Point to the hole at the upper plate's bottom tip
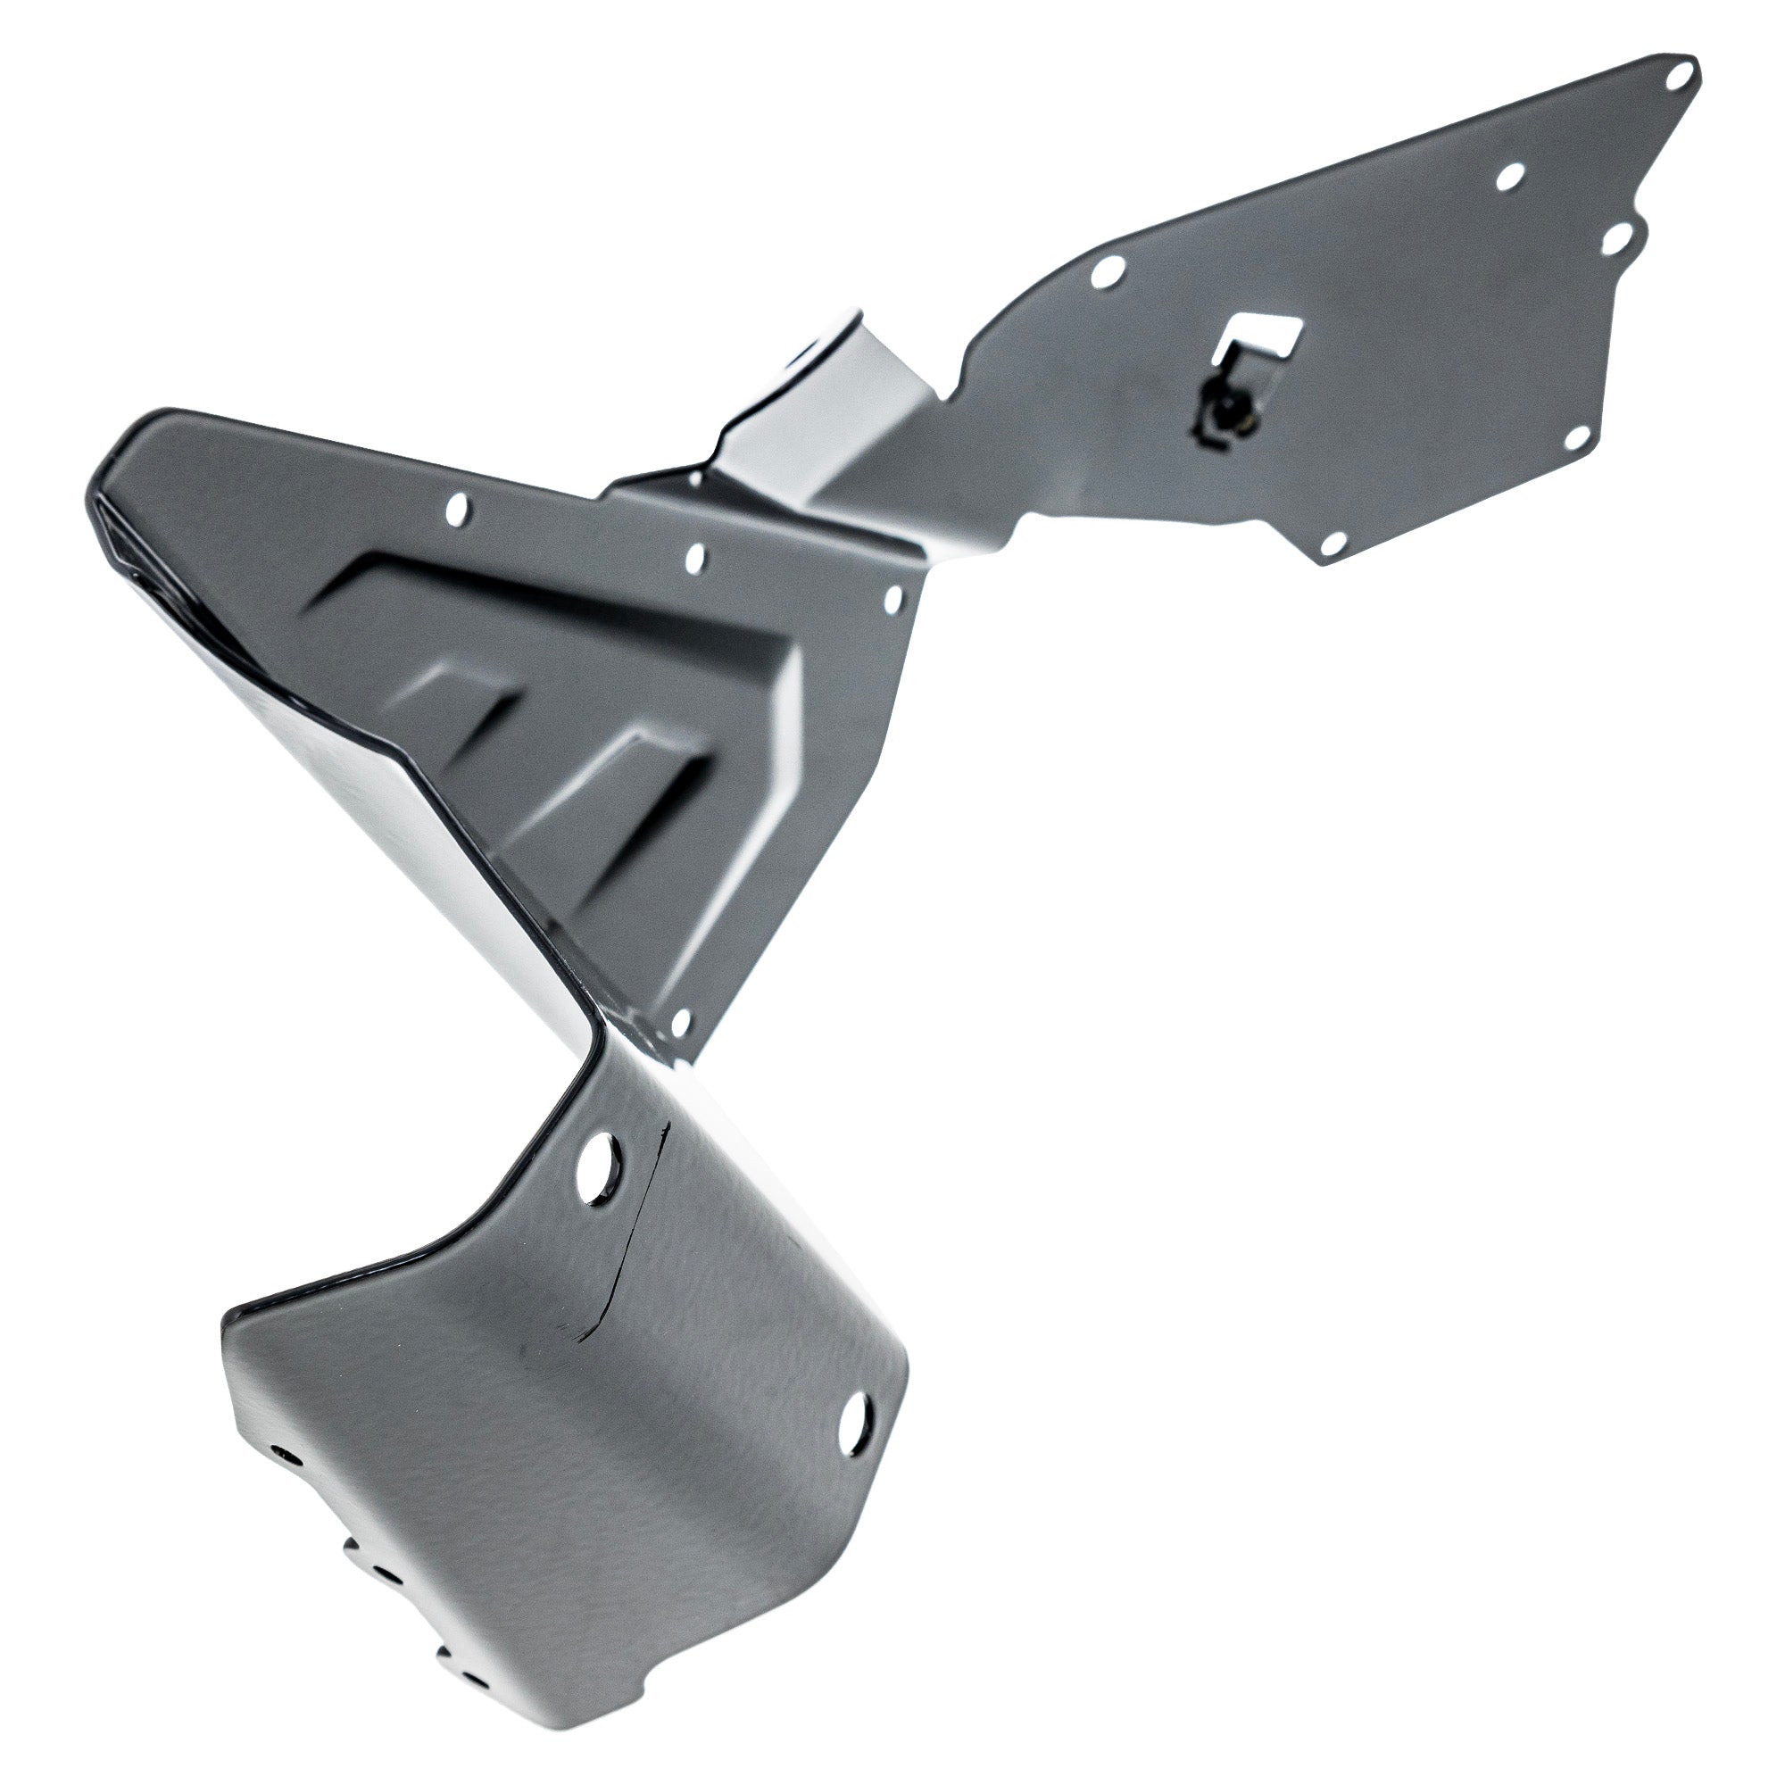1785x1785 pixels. coord(1333,545)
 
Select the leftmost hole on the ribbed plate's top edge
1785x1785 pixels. coord(456,507)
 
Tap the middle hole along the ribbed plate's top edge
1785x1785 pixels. coord(694,557)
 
